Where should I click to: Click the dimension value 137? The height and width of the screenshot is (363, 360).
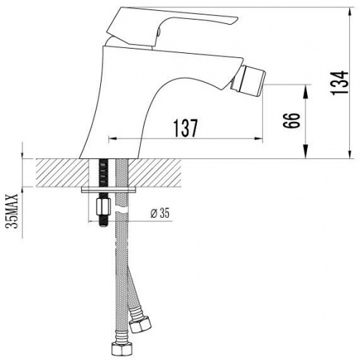(186, 128)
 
